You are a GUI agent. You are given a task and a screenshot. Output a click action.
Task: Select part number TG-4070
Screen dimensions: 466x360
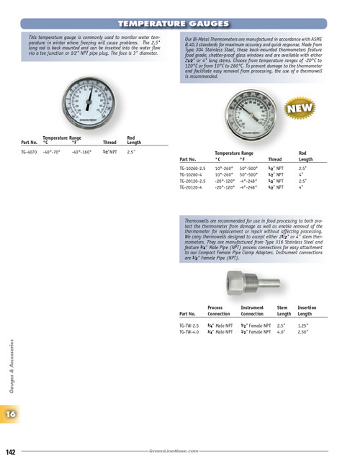30,151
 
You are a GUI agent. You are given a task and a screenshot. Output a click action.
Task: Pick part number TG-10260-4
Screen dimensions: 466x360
191,174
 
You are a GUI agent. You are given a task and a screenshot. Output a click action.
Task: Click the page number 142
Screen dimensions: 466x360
12,452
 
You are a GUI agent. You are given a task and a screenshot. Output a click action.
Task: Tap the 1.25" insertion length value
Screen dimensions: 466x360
304,326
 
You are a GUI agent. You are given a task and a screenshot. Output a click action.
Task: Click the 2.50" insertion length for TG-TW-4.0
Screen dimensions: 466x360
304,331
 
